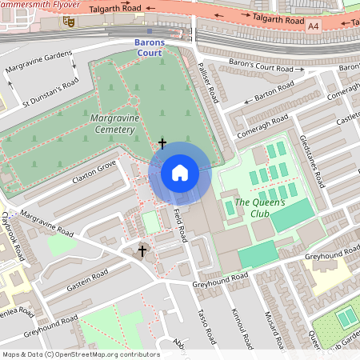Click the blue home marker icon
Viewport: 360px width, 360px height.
[180, 173]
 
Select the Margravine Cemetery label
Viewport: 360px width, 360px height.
[124, 122]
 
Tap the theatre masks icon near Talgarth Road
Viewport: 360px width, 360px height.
[69, 24]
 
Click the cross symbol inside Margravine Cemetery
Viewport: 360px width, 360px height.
[162, 144]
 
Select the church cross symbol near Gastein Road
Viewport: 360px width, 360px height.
[143, 252]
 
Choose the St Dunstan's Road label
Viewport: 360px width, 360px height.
[50, 94]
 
